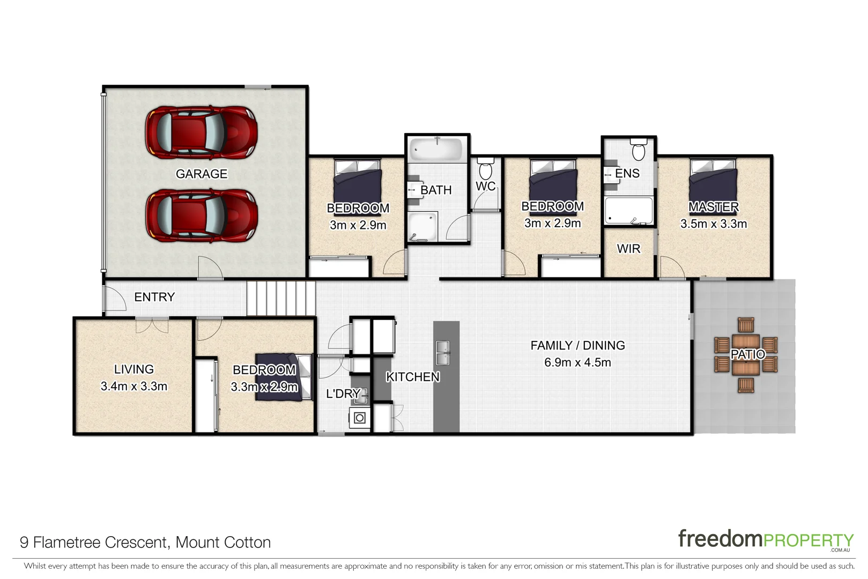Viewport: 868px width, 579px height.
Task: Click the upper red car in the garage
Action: click(x=201, y=132)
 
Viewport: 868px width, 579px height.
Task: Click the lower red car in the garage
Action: click(x=201, y=216)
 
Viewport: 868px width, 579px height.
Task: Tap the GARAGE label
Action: click(x=202, y=174)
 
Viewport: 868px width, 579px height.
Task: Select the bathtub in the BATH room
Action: click(x=436, y=150)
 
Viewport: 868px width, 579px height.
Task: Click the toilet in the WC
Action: click(x=485, y=169)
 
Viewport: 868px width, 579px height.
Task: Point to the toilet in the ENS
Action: click(x=638, y=151)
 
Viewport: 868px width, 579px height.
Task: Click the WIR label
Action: click(x=628, y=249)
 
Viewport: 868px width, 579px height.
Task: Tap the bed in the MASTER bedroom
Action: click(x=713, y=182)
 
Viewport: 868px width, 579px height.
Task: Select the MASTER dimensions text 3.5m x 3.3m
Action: click(x=713, y=224)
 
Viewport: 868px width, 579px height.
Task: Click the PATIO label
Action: click(x=748, y=354)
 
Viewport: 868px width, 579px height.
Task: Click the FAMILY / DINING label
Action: click(x=577, y=346)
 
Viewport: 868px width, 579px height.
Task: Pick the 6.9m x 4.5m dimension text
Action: click(x=577, y=362)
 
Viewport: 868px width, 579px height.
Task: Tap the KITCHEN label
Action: click(x=413, y=377)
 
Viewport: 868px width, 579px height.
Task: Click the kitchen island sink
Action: click(x=443, y=352)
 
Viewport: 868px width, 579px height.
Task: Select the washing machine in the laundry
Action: click(x=360, y=418)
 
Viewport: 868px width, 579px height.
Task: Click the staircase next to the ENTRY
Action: click(x=281, y=298)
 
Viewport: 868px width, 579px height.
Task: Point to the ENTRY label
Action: click(x=154, y=297)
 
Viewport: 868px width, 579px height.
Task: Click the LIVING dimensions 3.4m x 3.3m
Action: click(x=134, y=387)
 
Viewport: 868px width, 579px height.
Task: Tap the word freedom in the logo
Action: click(x=719, y=539)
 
